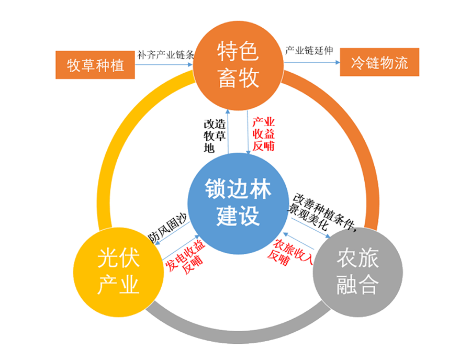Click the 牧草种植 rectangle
pyautogui.click(x=95, y=65)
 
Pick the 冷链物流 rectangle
pyautogui.click(x=379, y=63)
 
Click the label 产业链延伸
pyautogui.click(x=308, y=51)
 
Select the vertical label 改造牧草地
pyautogui.click(x=210, y=136)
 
